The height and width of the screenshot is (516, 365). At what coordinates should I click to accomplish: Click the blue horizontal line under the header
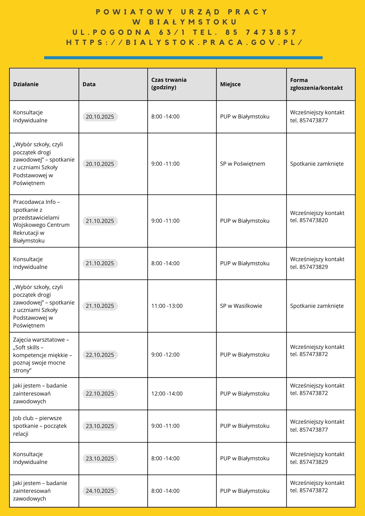[x=183, y=58]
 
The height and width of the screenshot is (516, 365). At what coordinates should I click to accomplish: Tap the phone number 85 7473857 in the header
[x=261, y=33]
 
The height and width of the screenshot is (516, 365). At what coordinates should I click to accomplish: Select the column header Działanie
[x=26, y=84]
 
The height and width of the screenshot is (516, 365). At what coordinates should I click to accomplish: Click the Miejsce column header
[x=230, y=84]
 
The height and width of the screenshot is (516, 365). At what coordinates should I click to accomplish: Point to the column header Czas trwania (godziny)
[x=169, y=84]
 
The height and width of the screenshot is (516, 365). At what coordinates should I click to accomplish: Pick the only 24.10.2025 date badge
[x=100, y=491]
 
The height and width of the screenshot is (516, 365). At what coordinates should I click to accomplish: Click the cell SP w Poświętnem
[x=242, y=164]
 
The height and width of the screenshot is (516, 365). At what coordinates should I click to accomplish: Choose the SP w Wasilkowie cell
[x=241, y=306]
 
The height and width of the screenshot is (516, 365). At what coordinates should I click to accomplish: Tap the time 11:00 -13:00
[x=167, y=306]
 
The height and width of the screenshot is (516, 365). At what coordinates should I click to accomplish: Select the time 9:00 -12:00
[x=165, y=355]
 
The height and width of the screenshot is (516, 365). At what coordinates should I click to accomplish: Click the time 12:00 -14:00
[x=167, y=394]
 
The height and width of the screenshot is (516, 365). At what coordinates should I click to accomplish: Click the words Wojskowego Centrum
[x=41, y=225]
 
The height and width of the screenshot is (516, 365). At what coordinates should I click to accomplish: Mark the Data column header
[x=89, y=84]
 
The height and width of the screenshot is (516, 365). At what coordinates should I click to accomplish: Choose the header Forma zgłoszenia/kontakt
[x=316, y=84]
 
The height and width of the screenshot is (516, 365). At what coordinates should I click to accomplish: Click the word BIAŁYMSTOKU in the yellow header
[x=193, y=22]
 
